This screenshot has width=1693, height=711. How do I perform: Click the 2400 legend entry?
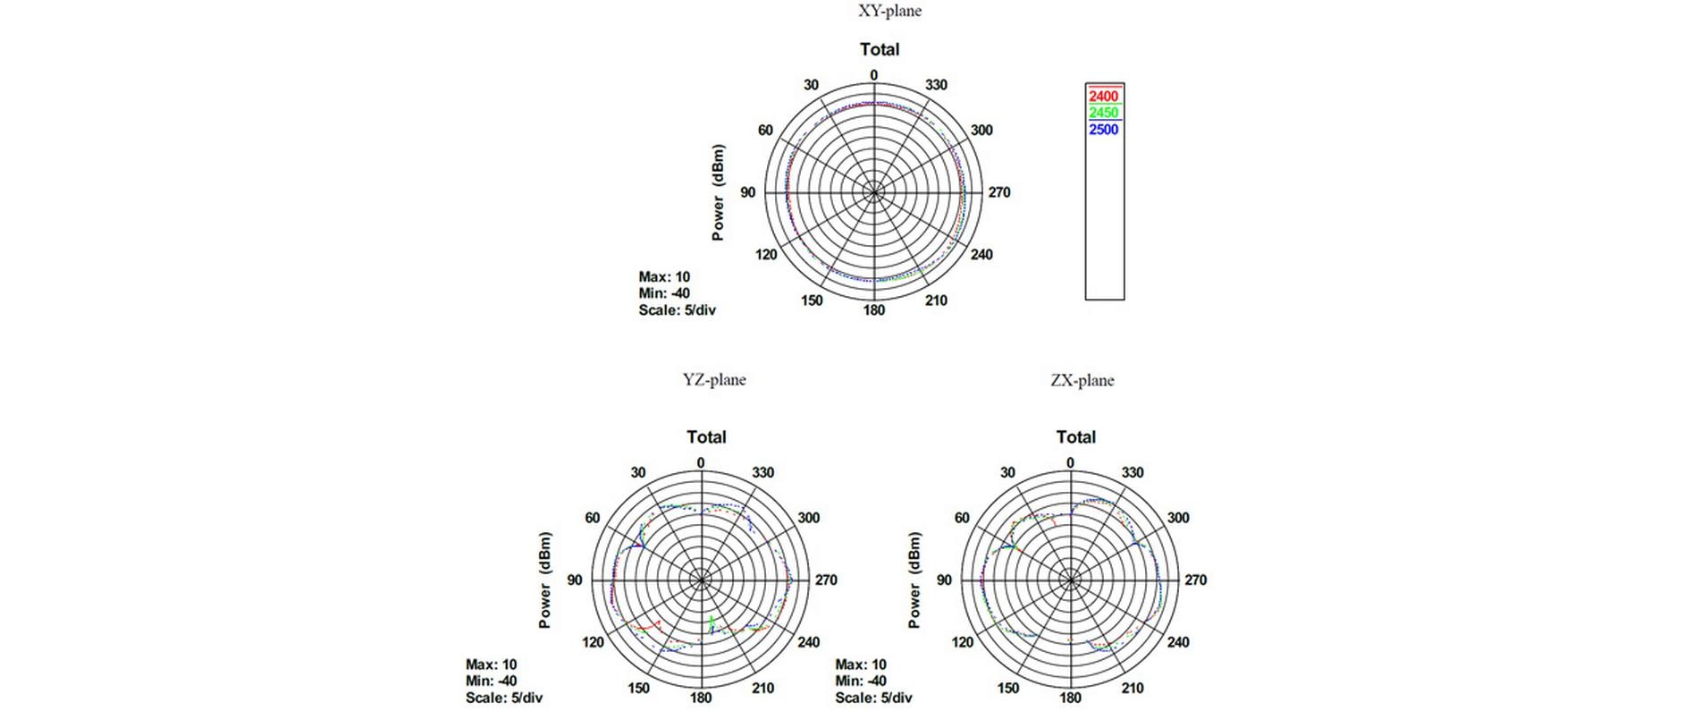coord(1103,97)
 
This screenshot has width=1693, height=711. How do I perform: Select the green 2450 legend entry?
coord(1103,113)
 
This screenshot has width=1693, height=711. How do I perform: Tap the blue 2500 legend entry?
coord(1103,130)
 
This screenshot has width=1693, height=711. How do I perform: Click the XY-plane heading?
coord(889,11)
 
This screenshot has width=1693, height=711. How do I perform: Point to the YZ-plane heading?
coord(714,379)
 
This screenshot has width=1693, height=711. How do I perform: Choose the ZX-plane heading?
coord(1082,380)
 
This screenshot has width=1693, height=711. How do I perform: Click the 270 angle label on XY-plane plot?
coord(998,192)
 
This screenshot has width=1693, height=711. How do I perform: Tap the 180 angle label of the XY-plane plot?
coord(873,310)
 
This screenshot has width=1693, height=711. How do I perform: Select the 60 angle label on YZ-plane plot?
coord(592,518)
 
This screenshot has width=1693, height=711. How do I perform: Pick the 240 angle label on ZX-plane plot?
coord(1177,642)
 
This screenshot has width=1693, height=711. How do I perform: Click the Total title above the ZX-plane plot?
coord(1075,437)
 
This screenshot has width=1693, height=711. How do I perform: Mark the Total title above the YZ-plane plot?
coord(706,437)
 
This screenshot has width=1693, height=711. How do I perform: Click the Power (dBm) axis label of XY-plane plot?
coord(718,192)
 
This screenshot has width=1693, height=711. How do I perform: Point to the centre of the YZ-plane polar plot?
coord(701,580)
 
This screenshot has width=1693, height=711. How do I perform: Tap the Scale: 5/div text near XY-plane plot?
coord(677,310)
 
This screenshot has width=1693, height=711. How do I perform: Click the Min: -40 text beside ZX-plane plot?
coord(860,681)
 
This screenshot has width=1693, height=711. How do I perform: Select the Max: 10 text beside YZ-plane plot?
coord(491,664)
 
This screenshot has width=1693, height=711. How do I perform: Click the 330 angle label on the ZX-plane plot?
coord(1132,472)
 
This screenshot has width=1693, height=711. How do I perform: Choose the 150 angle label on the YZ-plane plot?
coord(638,688)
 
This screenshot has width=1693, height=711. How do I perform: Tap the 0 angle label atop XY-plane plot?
coord(873,76)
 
